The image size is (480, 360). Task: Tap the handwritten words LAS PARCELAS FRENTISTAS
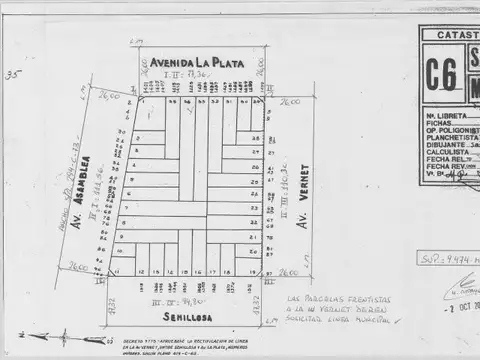(x=330, y=300)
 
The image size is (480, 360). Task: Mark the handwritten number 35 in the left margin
(x=12, y=74)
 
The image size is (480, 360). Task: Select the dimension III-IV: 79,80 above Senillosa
(x=186, y=298)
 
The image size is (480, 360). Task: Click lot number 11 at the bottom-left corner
(x=116, y=271)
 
